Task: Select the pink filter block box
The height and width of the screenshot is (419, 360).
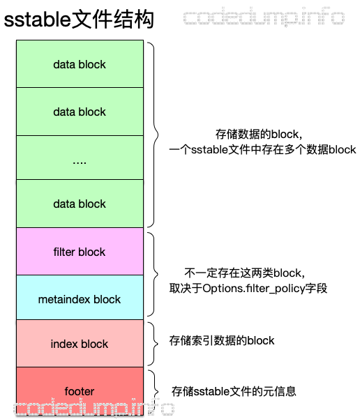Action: pos(80,252)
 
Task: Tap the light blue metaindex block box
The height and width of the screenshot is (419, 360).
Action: pos(80,299)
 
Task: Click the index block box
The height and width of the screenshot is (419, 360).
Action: pos(80,344)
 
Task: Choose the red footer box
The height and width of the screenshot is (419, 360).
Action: pos(80,391)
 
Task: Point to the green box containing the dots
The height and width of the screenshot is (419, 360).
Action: pos(80,160)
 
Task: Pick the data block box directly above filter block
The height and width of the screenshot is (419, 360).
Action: pos(80,204)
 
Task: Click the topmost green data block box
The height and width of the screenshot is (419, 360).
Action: pos(80,64)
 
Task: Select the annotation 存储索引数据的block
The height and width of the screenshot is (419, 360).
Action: pos(222,341)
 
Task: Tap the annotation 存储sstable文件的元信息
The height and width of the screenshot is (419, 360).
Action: pos(233,392)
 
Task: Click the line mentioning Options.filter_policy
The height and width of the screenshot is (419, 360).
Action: pos(248,288)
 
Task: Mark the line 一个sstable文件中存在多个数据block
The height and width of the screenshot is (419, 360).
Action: pos(262,149)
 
